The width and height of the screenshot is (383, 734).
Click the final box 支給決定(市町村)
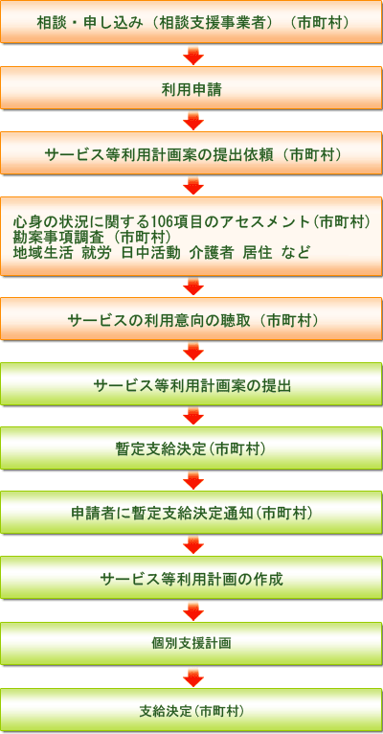pyautogui.click(x=191, y=710)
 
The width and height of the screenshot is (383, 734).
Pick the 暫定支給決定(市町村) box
pyautogui.click(x=191, y=448)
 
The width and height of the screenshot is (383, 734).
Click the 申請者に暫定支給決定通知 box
pyautogui.click(x=191, y=514)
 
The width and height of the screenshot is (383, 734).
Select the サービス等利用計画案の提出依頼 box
pyautogui.click(x=191, y=152)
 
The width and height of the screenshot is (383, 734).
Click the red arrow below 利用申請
pyautogui.click(x=193, y=121)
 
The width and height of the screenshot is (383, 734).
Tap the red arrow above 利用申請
pyautogui.click(x=193, y=55)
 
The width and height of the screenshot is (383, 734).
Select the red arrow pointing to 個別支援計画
pyautogui.click(x=193, y=611)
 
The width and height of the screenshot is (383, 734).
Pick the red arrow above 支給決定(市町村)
pyautogui.click(x=193, y=677)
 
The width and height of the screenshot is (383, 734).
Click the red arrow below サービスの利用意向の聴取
pyautogui.click(x=193, y=351)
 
